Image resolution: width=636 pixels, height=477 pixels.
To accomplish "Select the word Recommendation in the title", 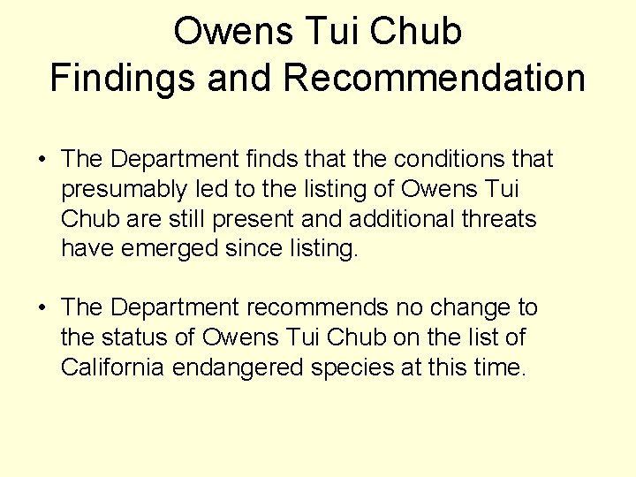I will pyautogui.click(x=435, y=77).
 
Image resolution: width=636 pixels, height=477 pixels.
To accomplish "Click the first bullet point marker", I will pyautogui.click(x=42, y=160).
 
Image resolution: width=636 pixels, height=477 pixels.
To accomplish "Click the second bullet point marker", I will pyautogui.click(x=42, y=308).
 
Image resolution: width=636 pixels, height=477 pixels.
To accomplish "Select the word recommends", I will pyautogui.click(x=317, y=307).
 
